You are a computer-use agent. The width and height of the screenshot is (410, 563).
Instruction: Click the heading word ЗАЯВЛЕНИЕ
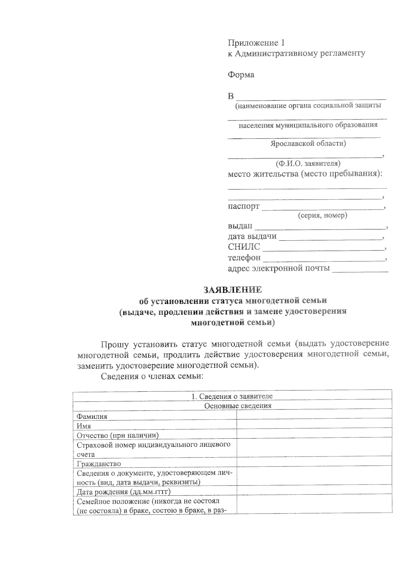[x=233, y=290]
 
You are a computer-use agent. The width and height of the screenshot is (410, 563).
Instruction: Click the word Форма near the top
[x=241, y=75]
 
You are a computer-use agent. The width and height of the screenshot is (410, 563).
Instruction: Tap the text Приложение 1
[x=256, y=43]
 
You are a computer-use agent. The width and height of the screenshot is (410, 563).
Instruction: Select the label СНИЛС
[x=244, y=247]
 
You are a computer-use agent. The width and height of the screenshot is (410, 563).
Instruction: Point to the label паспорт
[x=243, y=206]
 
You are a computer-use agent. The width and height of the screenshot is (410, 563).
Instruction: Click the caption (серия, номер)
[x=322, y=216]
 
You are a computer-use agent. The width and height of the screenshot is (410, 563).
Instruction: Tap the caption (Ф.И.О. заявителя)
[x=307, y=163]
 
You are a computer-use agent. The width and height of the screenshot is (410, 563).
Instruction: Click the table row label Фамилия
[x=92, y=416]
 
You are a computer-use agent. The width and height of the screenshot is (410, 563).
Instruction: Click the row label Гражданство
[x=99, y=464]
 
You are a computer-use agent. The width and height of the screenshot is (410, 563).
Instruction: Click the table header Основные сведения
[x=237, y=406]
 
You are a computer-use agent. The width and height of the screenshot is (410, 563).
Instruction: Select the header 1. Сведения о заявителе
[x=232, y=396]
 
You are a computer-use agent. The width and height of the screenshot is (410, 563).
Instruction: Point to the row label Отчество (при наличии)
[x=118, y=435]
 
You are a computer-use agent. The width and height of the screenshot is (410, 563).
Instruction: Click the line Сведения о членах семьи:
[x=152, y=376]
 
